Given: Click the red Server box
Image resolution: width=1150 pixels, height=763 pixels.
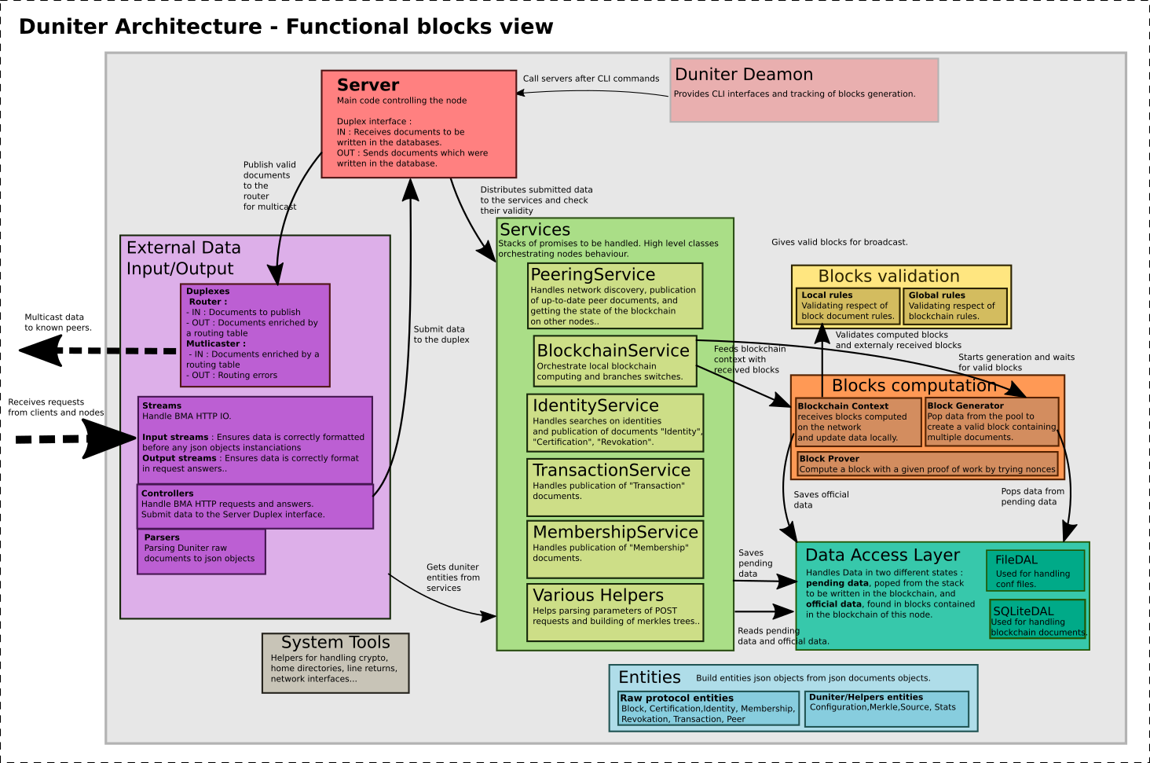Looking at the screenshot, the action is point(419,123).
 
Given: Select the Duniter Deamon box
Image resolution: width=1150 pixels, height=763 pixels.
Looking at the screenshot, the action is point(804,90).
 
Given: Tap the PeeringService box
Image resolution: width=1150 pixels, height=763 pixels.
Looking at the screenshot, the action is point(615,295).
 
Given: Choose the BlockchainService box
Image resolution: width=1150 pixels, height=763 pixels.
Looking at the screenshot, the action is point(615,361).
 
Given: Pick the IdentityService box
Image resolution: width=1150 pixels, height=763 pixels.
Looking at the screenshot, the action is point(615,423).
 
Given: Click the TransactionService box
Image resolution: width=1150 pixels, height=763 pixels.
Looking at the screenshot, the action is point(615,487).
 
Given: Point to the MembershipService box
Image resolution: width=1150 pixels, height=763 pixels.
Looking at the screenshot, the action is point(615,549).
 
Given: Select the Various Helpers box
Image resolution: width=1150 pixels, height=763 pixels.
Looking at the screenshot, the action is point(615,612).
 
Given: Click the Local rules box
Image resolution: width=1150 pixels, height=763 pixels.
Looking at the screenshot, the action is point(848,306).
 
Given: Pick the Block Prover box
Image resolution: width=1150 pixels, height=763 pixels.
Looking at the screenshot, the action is point(927,464).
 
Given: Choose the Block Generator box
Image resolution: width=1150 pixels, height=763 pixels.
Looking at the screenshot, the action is point(992,421).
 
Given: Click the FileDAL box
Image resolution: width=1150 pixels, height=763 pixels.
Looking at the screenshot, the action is point(1035,570).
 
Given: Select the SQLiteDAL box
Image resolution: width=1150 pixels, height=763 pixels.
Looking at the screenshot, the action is point(1037,618).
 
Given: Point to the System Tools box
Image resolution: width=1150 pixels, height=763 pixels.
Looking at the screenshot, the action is point(335,663).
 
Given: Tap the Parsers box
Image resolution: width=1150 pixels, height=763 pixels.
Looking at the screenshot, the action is point(201,552).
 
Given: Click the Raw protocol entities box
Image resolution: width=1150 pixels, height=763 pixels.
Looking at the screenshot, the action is point(709,708).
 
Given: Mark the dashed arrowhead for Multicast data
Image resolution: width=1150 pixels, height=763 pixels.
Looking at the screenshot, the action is point(41,350).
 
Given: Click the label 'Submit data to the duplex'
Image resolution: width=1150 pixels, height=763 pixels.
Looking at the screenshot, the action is point(441,334).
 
